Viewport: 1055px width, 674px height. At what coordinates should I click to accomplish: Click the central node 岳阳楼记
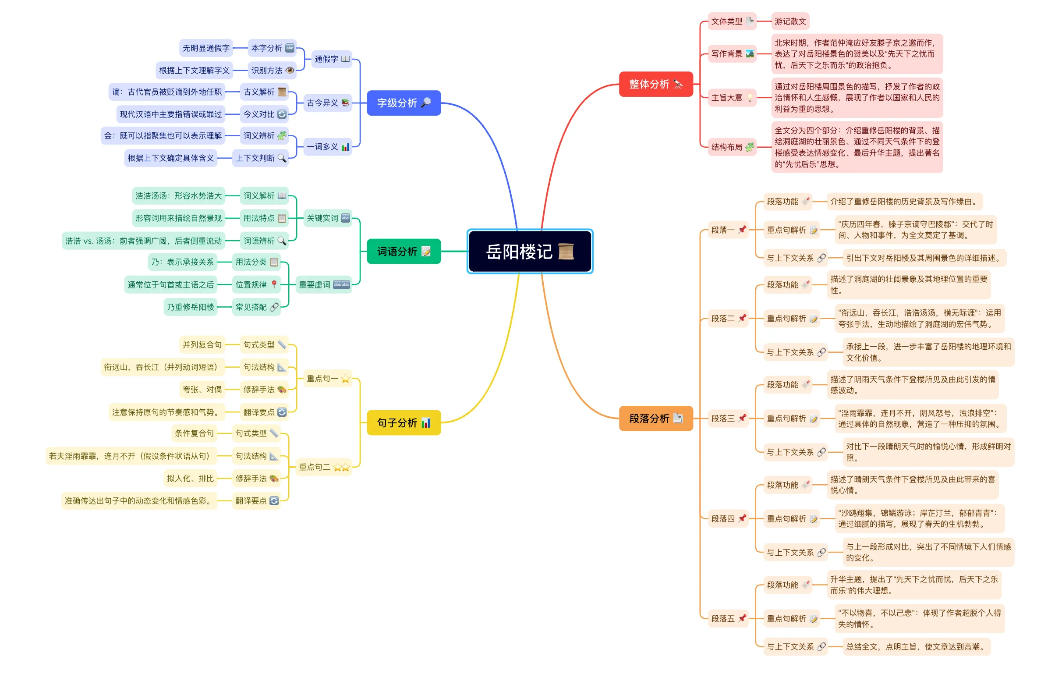pos(520,252)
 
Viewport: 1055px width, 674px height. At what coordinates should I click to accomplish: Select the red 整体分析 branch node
pos(655,84)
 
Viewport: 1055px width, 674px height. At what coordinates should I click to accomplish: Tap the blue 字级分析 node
pos(404,103)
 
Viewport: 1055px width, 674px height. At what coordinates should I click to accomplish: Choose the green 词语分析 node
pos(404,252)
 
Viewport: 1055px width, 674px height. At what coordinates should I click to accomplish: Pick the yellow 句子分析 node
pos(404,422)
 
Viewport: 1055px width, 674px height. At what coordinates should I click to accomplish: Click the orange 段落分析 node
pos(655,419)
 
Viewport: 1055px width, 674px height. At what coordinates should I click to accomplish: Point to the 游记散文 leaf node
pos(790,21)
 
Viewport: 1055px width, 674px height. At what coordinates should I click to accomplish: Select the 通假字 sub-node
pos(332,59)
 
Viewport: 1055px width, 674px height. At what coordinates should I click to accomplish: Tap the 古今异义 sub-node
pos(328,103)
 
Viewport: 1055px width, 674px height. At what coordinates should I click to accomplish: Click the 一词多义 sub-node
pos(328,147)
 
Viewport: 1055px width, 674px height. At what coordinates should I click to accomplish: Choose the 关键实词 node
pos(328,218)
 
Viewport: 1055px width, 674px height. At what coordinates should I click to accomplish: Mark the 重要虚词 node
pos(324,285)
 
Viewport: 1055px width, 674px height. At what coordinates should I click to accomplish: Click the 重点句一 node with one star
pos(328,379)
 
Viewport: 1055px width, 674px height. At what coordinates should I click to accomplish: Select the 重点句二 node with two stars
pos(324,467)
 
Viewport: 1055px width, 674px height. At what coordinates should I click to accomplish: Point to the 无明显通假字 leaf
pos(206,48)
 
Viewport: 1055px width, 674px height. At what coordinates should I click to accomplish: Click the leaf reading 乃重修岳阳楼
pos(190,307)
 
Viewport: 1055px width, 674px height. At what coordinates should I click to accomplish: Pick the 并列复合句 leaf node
pos(202,345)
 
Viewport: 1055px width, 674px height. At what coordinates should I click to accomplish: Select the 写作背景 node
pos(732,54)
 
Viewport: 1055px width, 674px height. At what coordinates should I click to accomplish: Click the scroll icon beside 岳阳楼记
pos(566,252)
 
